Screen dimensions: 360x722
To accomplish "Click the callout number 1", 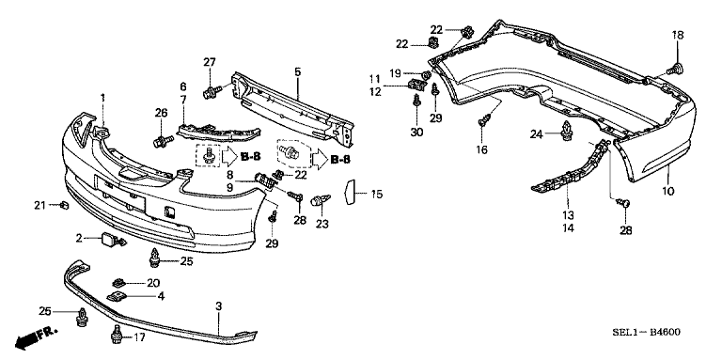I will [x=103, y=98].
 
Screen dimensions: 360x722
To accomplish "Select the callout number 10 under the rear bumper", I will [x=667, y=193].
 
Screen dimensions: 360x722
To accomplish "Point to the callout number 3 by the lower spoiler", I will [x=219, y=306].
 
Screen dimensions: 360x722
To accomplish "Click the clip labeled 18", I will [x=674, y=68].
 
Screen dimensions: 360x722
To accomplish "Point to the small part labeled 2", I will [x=113, y=241].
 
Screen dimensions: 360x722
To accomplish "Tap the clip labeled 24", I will [x=567, y=133].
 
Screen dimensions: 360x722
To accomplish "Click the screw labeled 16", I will [x=486, y=120].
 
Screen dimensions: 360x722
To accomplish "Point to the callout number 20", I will [x=153, y=282].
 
